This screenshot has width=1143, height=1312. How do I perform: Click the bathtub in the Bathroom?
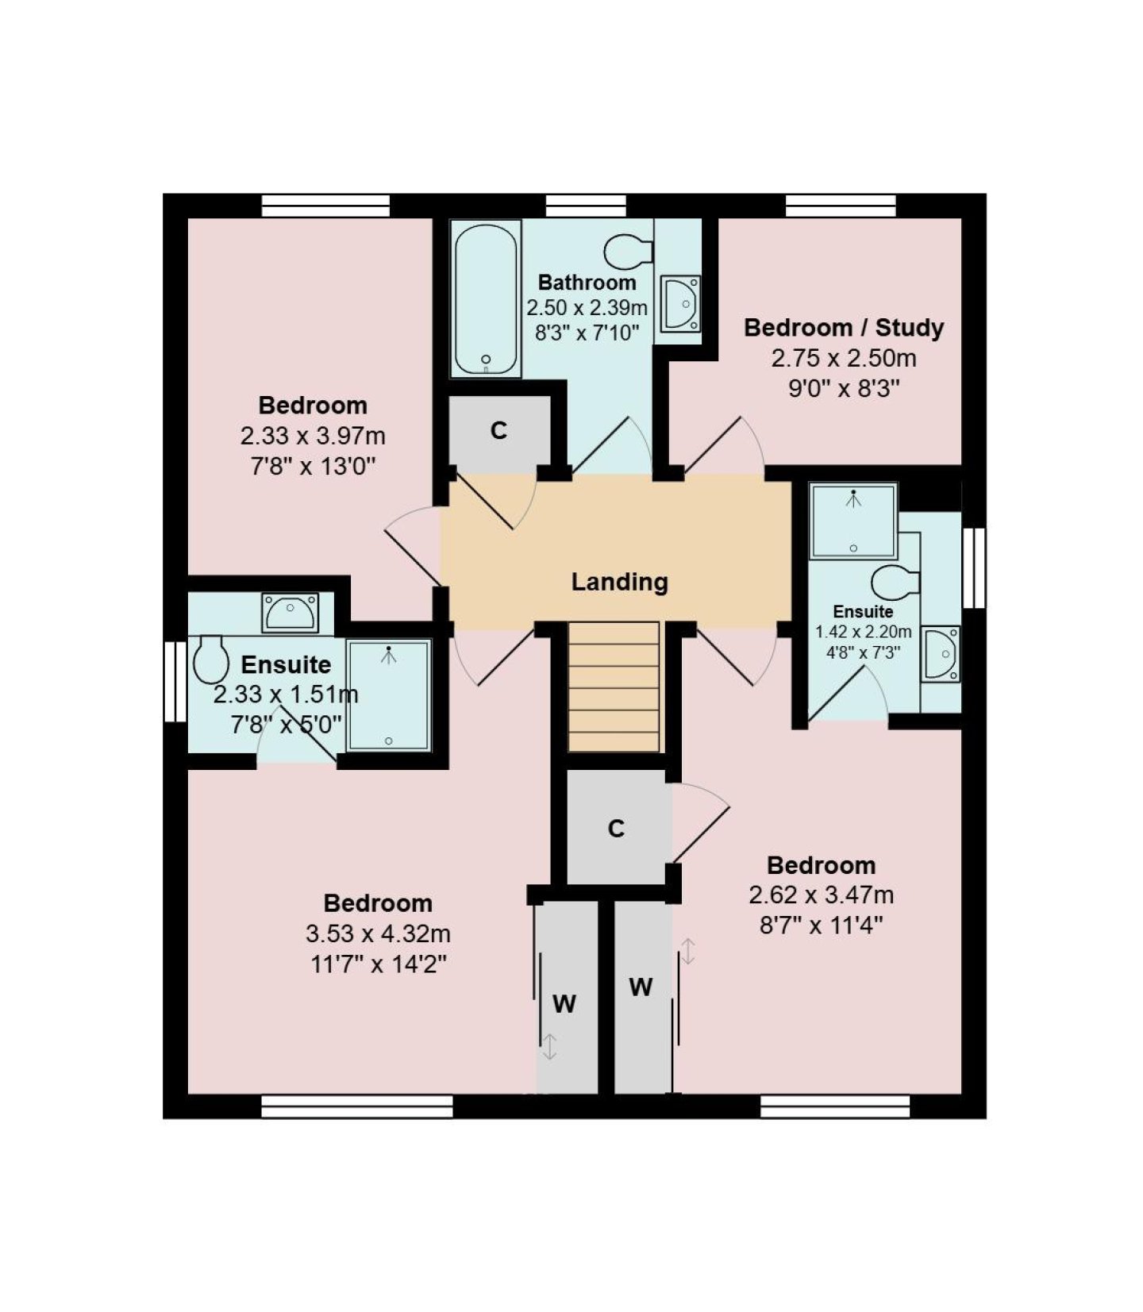point(486,298)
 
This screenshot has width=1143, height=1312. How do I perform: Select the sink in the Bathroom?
point(680,303)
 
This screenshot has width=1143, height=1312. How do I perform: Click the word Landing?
point(619,582)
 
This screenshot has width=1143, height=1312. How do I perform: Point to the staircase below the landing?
point(614,687)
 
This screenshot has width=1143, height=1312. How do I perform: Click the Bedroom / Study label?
point(844,328)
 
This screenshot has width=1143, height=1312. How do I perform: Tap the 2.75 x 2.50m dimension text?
point(844,358)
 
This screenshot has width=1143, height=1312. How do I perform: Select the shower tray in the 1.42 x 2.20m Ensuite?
point(853,521)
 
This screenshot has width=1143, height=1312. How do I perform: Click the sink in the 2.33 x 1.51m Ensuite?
point(291,613)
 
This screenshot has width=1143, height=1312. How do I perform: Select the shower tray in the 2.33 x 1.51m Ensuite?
point(389,695)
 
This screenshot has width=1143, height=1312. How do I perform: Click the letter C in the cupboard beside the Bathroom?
point(498,431)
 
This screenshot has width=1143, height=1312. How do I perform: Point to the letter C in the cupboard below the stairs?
point(616,829)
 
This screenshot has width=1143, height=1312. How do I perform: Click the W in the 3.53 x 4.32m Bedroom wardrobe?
point(564,1004)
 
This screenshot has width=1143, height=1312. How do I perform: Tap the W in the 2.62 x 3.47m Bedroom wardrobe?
point(641,987)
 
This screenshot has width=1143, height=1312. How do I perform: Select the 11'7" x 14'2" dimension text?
point(379,964)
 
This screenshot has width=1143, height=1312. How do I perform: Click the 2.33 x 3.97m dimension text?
point(313,436)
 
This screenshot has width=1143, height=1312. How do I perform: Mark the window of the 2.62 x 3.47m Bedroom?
point(835,1106)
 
